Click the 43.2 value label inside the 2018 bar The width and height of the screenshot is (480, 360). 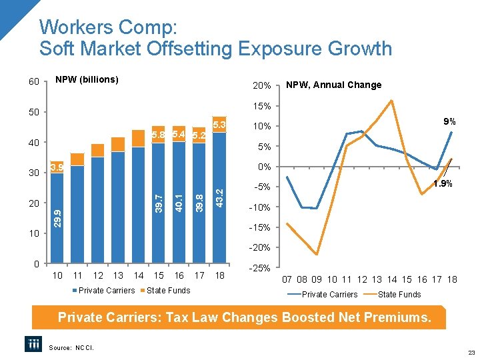[220, 195]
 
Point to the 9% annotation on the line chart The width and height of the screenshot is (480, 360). [449, 122]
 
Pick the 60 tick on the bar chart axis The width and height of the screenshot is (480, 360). [35, 81]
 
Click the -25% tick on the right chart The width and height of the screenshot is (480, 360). [261, 268]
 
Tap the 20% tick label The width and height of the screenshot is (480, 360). [261, 86]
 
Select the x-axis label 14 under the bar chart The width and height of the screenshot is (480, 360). [139, 275]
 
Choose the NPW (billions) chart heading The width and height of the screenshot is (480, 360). [87, 79]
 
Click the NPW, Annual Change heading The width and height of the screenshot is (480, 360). [333, 85]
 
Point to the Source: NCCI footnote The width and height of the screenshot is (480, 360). [71, 347]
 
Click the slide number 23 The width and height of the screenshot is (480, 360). [471, 352]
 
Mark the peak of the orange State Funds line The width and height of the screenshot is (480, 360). [391, 101]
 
